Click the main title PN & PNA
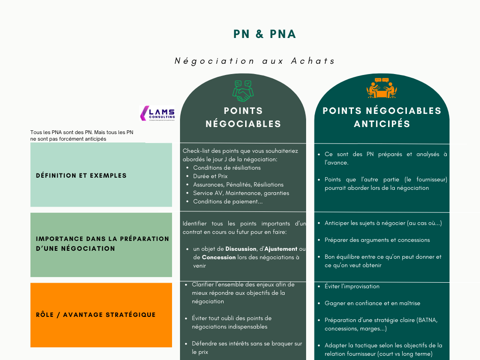pyautogui.click(x=265, y=34)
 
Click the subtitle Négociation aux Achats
pyautogui.click(x=255, y=61)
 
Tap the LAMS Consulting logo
pyautogui.click(x=157, y=113)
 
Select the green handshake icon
pyautogui.click(x=243, y=91)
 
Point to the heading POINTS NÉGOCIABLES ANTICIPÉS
pyautogui.click(x=382, y=117)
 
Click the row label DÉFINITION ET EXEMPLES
pyautogui.click(x=81, y=175)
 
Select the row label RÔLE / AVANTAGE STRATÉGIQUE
pyautogui.click(x=96, y=315)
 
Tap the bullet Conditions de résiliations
pyautogui.click(x=226, y=168)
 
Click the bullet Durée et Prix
pyautogui.click(x=210, y=176)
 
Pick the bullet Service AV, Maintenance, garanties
pyautogui.click(x=241, y=193)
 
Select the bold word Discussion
pyautogui.click(x=240, y=249)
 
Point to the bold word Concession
pyautogui.click(x=218, y=257)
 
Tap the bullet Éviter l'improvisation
pyautogui.click(x=352, y=286)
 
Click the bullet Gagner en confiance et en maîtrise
pyautogui.click(x=372, y=303)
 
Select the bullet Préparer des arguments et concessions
pyautogui.click(x=377, y=240)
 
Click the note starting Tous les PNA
pyautogui.click(x=82, y=135)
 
